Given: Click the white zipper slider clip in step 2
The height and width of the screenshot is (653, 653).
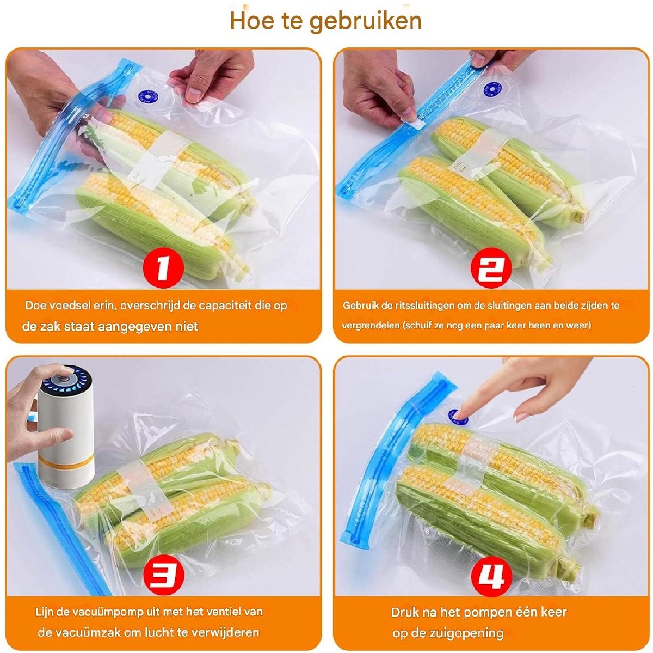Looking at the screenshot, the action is (415, 123).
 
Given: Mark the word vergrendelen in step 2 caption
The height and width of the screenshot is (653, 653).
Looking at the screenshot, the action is (371, 326).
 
